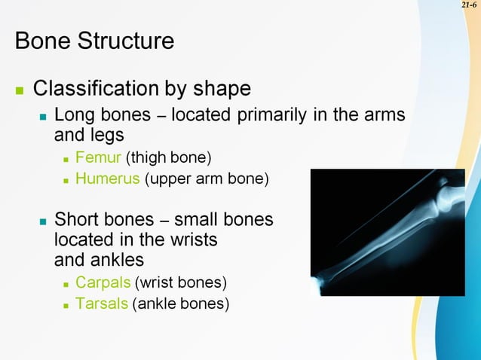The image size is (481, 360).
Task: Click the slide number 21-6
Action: [469, 6]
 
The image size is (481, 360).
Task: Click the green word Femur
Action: [98, 158]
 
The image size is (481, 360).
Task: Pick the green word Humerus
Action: [108, 179]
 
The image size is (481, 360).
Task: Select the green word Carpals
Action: [103, 283]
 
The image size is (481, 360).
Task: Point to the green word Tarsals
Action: [101, 304]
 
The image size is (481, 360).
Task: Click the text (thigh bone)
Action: [169, 158]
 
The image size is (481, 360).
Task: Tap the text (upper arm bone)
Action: [207, 179]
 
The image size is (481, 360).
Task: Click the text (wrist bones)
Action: [181, 283]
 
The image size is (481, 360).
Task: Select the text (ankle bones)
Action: [180, 304]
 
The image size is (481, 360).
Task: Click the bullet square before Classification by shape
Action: [20, 90]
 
